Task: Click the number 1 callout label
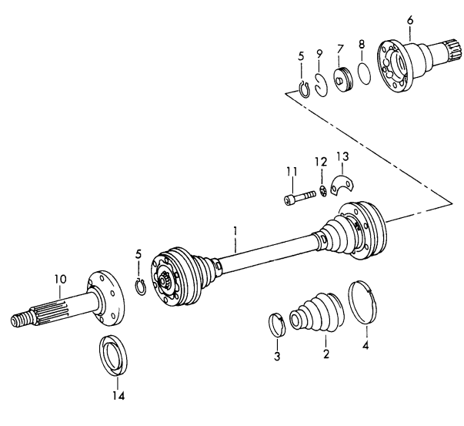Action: tap(236, 230)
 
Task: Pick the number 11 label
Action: tap(291, 170)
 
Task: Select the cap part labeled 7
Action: tap(342, 80)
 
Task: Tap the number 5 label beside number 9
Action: tap(300, 55)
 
